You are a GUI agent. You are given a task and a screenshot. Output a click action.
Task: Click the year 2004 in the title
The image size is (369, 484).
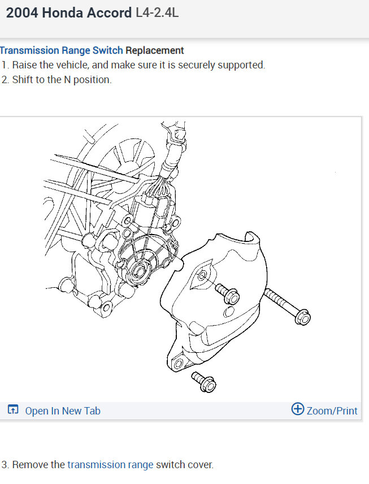tap(22, 13)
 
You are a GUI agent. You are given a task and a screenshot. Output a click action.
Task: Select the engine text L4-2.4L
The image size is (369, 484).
tap(157, 13)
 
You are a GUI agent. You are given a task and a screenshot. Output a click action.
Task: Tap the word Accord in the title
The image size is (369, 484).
tap(109, 13)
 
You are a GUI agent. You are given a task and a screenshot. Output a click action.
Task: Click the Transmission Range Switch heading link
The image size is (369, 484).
tap(62, 50)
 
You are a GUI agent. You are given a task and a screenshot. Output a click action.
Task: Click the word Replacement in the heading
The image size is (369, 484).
tap(155, 50)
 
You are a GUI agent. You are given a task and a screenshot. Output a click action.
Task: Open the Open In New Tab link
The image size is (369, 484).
tap(63, 411)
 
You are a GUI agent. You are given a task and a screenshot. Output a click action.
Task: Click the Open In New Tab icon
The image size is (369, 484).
tap(13, 409)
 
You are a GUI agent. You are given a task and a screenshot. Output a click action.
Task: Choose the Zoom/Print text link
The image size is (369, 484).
tap(332, 411)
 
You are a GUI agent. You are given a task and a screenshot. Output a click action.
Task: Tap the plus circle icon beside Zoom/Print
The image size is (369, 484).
tap(298, 409)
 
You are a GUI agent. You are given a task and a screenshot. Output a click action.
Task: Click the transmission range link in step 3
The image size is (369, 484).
tap(110, 465)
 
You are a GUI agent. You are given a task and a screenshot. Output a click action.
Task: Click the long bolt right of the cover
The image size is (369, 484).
tap(288, 306)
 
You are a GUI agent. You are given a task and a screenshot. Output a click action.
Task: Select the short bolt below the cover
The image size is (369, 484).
tap(203, 382)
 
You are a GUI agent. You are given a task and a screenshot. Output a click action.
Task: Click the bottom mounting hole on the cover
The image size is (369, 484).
tap(179, 364)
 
